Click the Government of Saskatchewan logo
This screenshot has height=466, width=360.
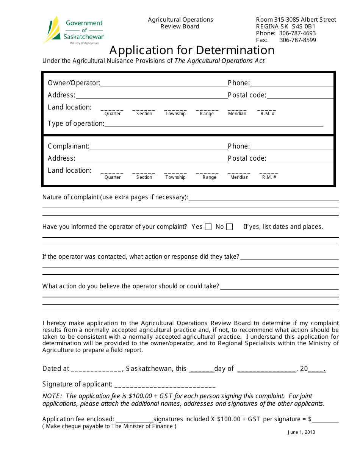74,31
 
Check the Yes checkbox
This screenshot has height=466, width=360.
208,227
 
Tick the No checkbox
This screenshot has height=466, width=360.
229,227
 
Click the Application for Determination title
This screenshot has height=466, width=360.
192,50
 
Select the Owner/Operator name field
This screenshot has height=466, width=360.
164,83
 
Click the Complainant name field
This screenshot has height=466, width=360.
158,147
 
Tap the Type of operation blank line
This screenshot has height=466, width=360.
213,124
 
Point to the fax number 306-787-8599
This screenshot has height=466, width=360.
297,40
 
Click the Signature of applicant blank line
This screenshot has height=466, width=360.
165,385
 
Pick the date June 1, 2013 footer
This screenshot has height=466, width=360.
301,432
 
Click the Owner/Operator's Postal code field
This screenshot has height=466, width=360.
300,95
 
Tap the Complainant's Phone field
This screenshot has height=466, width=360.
291,147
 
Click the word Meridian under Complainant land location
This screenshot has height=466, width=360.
239,177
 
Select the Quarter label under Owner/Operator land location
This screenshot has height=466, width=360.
113,114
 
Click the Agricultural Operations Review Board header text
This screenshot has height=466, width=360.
180,23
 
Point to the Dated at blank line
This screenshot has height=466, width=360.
96,369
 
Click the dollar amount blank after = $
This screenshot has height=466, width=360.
325,419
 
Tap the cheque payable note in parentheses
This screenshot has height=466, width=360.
110,426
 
